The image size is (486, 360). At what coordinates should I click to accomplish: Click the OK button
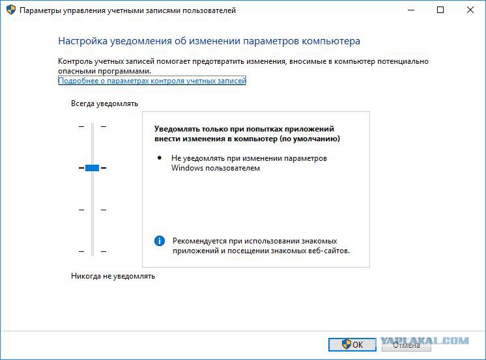click(x=352, y=344)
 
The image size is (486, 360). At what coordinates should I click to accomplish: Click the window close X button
click(x=470, y=10)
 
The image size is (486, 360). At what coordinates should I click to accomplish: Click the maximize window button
click(x=440, y=10)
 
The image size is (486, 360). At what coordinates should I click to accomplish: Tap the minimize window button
click(x=411, y=10)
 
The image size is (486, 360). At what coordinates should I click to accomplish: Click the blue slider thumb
click(x=92, y=168)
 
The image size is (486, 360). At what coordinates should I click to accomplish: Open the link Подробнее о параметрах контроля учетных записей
click(x=152, y=81)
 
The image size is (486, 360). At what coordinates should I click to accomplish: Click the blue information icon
click(x=160, y=241)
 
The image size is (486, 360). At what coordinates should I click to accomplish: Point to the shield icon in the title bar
click(x=11, y=10)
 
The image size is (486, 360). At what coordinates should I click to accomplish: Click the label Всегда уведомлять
click(x=104, y=104)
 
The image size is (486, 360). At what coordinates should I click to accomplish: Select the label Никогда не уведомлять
click(x=113, y=276)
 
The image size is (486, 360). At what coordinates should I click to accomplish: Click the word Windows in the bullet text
click(x=186, y=168)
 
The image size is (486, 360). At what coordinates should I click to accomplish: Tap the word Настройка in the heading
click(x=83, y=41)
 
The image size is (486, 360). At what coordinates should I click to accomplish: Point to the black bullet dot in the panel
click(x=160, y=158)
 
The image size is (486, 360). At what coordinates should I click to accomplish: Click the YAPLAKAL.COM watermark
click(x=425, y=341)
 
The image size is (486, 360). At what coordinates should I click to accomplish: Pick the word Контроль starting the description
click(x=76, y=61)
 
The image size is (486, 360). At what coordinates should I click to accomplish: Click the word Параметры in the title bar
click(x=40, y=11)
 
